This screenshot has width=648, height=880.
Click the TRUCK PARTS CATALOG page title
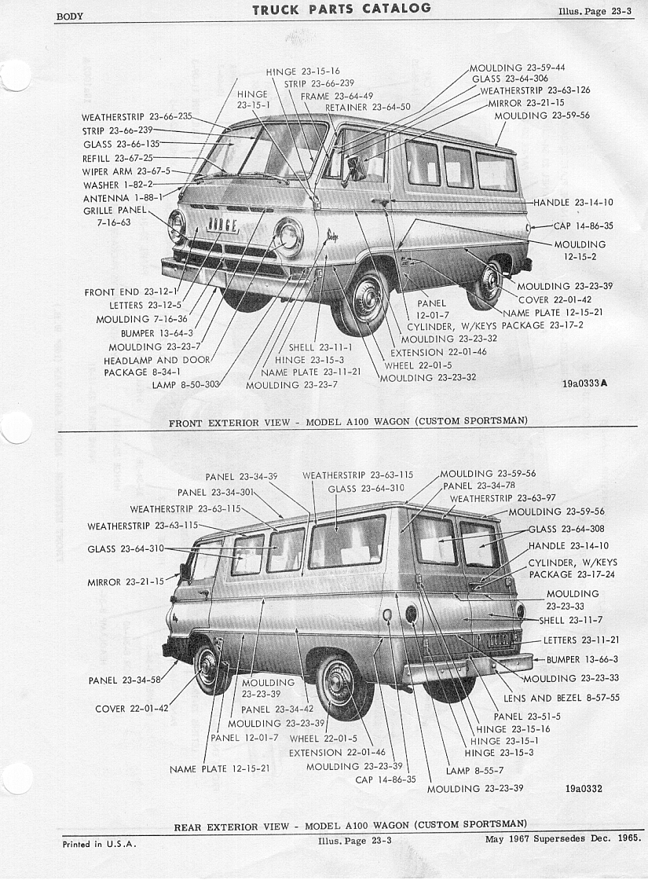point(341,9)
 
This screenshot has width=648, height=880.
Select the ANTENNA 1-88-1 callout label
point(123,198)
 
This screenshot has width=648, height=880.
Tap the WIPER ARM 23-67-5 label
point(126,172)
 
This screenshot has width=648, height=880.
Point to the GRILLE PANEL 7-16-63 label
point(115,216)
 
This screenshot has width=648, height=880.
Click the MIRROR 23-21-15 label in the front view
point(526,103)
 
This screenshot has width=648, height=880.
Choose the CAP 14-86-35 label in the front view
point(584,226)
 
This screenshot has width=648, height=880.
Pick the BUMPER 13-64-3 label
point(157,333)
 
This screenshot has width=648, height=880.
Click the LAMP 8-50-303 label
point(185,385)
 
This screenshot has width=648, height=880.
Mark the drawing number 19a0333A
point(584,384)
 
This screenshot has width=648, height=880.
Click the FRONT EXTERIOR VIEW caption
point(349,422)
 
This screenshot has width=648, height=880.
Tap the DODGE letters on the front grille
point(223,225)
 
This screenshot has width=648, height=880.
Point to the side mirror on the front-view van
point(354,168)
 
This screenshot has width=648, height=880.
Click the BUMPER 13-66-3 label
point(582,659)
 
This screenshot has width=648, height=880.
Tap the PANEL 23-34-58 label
point(125,680)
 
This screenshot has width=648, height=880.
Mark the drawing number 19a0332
point(584,789)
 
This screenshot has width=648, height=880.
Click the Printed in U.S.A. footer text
point(100,844)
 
